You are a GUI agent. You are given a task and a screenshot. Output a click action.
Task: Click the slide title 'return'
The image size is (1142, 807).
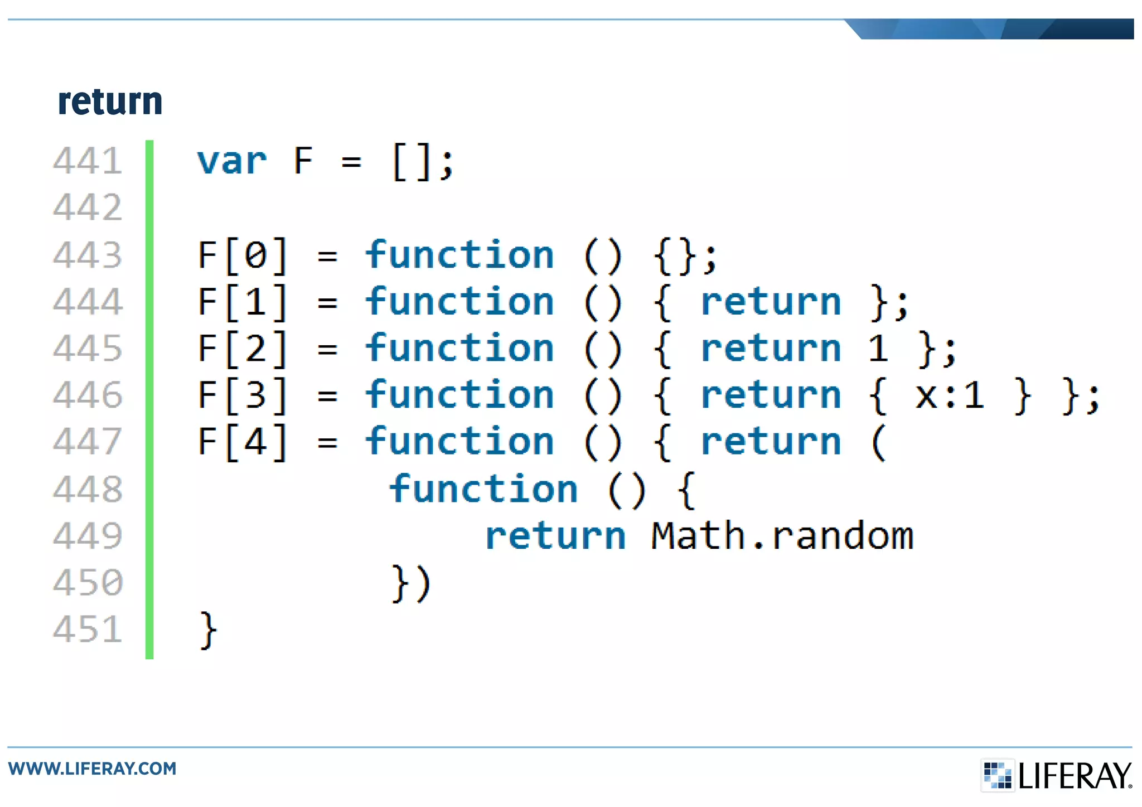pos(110,102)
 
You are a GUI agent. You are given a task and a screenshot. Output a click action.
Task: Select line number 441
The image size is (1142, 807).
pos(88,161)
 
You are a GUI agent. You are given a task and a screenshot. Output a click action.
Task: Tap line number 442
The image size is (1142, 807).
pos(88,207)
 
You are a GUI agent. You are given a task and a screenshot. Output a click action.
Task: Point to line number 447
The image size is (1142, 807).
pos(88,441)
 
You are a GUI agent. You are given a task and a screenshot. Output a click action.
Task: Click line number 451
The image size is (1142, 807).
pos(88,629)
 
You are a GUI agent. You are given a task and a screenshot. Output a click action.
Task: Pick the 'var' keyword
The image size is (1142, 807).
pos(231,162)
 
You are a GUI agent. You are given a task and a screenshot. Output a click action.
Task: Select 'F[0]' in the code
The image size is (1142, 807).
pos(243,256)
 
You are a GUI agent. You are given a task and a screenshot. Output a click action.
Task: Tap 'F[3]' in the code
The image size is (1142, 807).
pos(243,395)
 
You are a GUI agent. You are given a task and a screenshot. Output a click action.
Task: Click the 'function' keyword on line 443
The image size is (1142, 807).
pos(459,255)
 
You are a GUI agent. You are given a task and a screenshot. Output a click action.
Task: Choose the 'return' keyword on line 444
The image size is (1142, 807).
pos(770,302)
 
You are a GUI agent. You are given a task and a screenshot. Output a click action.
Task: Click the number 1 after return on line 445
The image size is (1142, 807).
pos(878,349)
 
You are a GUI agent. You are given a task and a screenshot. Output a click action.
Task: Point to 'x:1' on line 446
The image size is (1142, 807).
pos(950,395)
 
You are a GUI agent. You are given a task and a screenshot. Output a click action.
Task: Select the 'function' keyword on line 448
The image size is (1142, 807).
pos(483,489)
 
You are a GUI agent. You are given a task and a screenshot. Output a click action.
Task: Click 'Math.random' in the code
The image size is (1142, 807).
pos(782,536)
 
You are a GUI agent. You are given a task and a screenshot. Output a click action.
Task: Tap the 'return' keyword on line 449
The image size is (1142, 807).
pos(555,536)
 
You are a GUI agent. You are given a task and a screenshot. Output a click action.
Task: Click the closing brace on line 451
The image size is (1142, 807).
pos(208,630)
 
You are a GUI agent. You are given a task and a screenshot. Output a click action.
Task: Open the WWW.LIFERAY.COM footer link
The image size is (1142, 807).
pos(93,769)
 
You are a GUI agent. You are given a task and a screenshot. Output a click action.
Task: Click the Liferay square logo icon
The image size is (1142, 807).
pos(997,775)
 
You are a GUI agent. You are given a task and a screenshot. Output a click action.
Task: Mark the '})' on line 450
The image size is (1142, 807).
pos(412,583)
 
